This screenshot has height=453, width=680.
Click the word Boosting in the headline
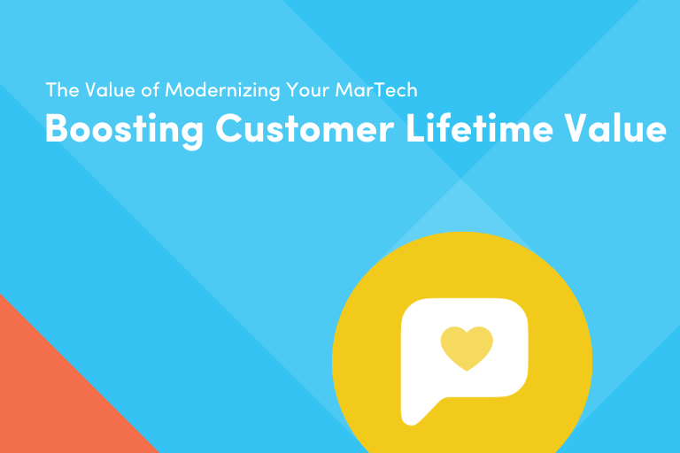coord(123,129)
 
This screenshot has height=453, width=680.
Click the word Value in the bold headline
coord(622,128)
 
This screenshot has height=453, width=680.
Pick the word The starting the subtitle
coord(59,90)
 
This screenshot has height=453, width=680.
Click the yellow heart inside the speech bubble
coord(466,348)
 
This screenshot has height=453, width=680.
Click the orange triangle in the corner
coord(44,398)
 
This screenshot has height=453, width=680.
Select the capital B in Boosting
coord(58,128)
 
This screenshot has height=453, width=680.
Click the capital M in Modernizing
coord(173,90)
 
